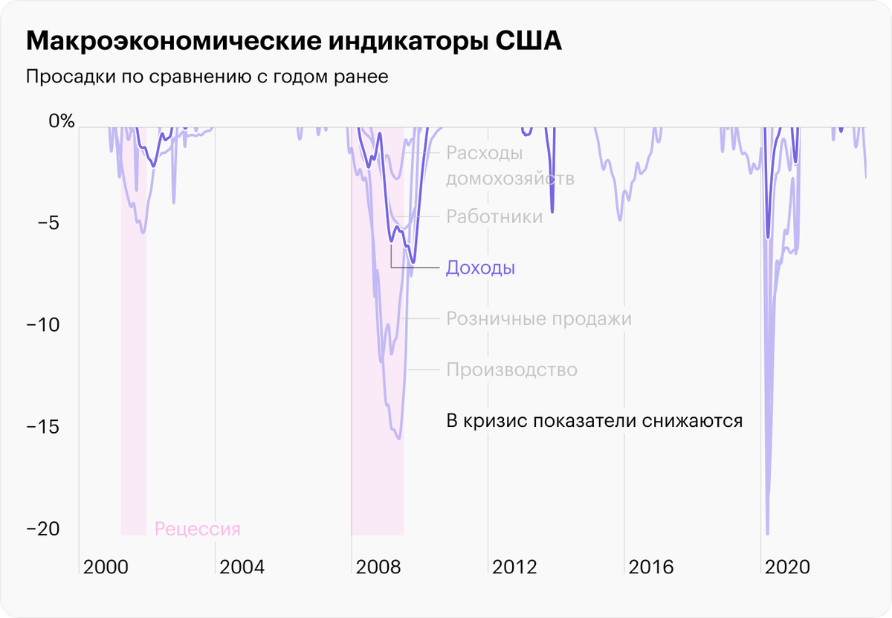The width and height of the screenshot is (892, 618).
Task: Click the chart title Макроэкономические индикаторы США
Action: [294, 42]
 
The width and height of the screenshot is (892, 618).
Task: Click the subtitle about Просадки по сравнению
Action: [207, 77]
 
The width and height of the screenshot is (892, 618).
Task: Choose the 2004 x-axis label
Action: [242, 567]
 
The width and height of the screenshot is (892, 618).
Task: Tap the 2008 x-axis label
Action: [378, 567]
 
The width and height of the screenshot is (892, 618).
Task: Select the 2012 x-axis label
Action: [514, 567]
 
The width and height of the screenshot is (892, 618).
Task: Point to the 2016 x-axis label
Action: [651, 567]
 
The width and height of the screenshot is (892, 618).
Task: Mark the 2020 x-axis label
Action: [787, 567]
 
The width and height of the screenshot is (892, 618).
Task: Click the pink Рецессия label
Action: [198, 530]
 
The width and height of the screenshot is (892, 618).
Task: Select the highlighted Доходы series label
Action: [480, 268]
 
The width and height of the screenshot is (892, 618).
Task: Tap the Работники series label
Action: [494, 217]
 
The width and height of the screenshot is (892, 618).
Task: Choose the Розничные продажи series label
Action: [539, 319]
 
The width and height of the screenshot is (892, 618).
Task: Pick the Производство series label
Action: [511, 370]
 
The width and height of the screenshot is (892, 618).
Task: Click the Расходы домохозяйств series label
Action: [510, 166]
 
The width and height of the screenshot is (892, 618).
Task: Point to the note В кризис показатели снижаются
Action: [595, 420]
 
